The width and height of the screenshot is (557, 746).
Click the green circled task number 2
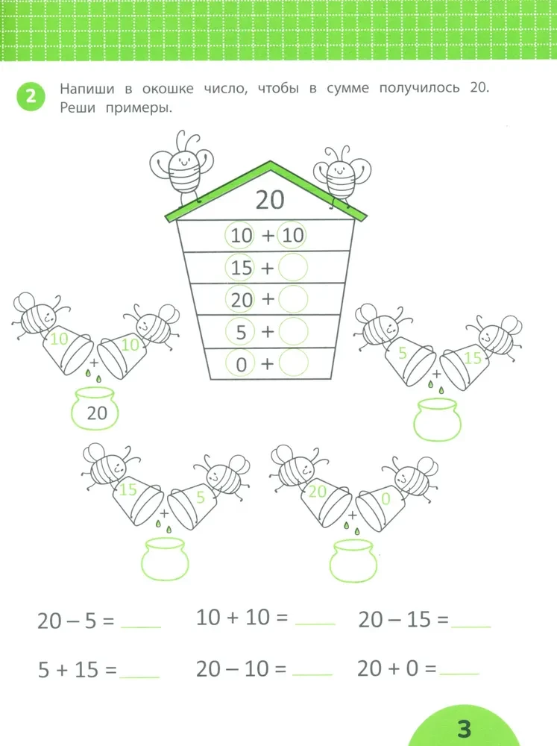point(31,96)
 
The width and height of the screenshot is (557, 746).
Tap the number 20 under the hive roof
point(270,200)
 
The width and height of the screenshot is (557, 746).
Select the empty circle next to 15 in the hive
point(293,267)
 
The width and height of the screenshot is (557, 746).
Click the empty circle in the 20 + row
point(293,299)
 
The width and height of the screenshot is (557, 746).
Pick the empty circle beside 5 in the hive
point(293,331)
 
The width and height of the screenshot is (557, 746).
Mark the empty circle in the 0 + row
point(293,363)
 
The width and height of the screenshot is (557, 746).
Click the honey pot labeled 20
point(95,408)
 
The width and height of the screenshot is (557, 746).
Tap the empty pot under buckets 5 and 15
point(437,419)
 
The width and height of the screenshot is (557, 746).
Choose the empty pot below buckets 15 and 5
point(165,559)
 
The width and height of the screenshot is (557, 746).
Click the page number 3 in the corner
point(464,728)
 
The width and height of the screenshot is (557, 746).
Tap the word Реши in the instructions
point(78,108)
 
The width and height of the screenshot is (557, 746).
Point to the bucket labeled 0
point(380,507)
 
